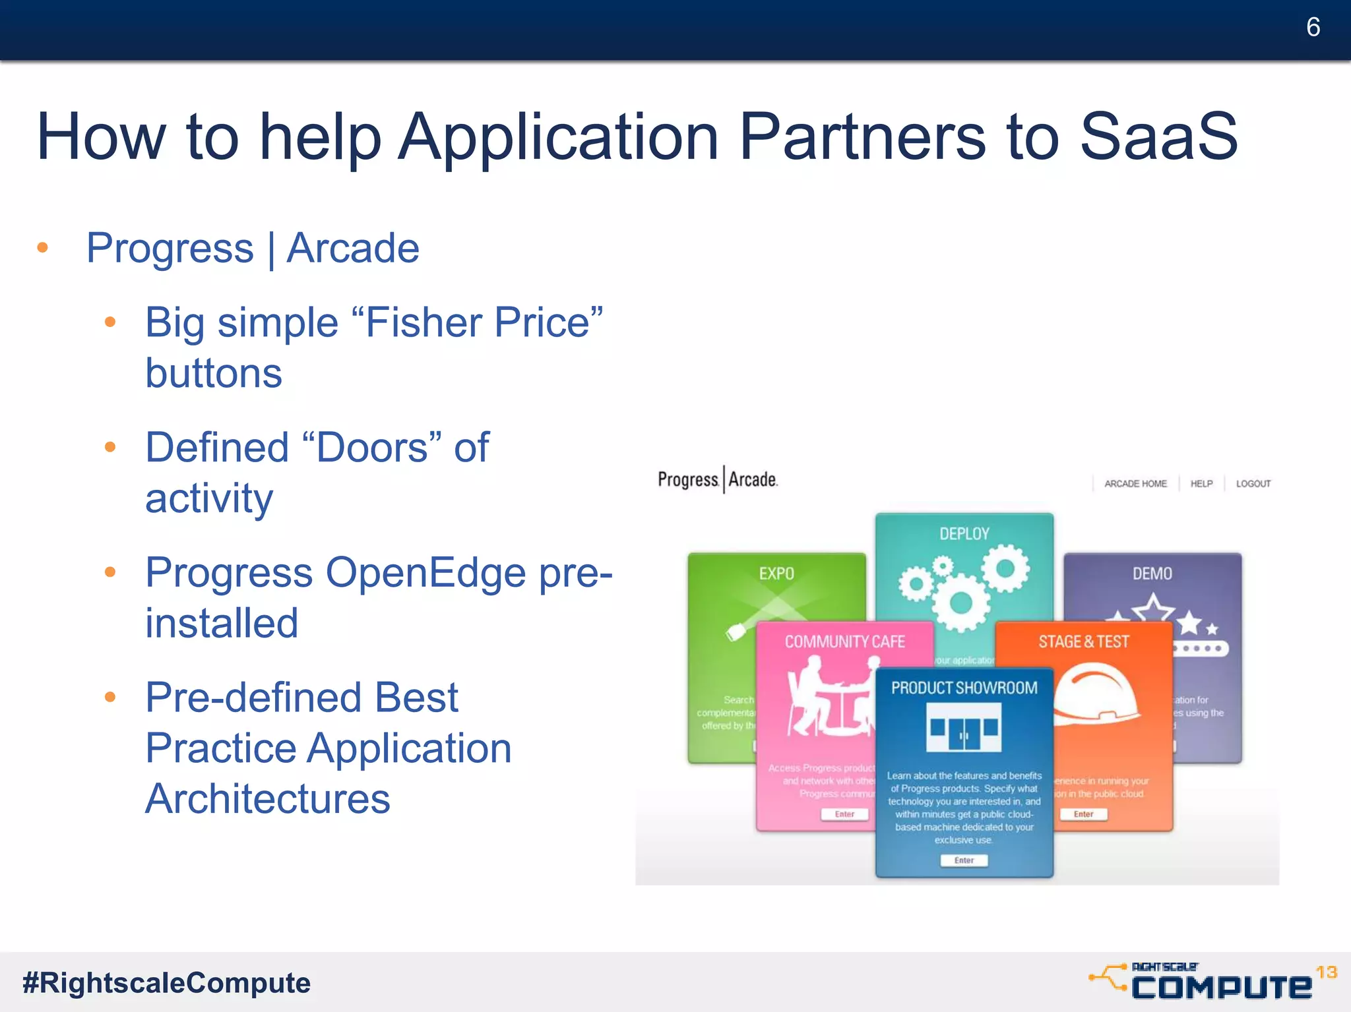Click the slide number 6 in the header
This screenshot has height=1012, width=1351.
tap(1312, 27)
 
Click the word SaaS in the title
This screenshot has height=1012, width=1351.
tap(1158, 136)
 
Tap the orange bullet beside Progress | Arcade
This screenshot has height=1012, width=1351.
tap(43, 248)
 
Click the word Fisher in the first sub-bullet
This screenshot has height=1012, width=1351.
tap(425, 322)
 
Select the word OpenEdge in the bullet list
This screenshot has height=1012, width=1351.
tap(426, 572)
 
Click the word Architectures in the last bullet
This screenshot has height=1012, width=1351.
tap(267, 799)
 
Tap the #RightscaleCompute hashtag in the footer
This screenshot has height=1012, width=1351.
tap(166, 982)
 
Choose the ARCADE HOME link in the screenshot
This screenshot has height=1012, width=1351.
tap(1135, 484)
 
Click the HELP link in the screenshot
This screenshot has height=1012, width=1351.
tap(1201, 484)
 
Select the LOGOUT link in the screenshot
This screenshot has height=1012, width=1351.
tap(1253, 484)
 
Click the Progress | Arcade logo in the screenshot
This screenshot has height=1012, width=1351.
tap(718, 479)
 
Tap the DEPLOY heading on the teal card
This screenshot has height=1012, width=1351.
tap(964, 534)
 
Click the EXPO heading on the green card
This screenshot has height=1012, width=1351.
tap(776, 574)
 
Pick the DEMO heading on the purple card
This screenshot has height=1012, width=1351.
tap(1152, 574)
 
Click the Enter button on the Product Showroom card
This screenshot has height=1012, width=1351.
tap(964, 860)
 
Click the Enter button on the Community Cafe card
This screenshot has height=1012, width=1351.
tap(844, 814)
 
